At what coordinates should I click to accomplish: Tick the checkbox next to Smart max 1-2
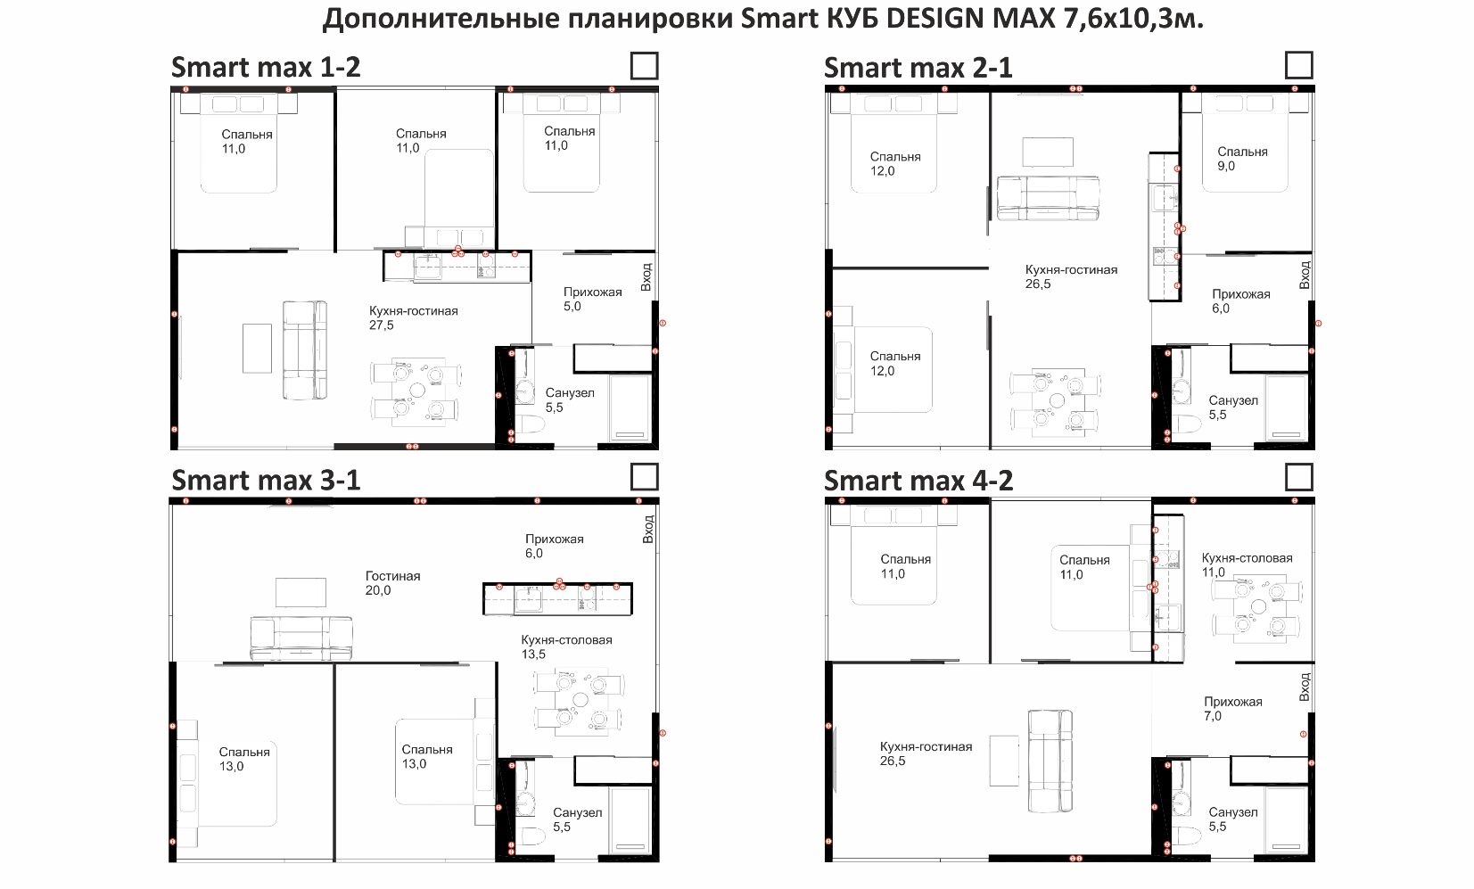pyautogui.click(x=644, y=66)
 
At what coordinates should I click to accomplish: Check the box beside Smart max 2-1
pyautogui.click(x=1299, y=65)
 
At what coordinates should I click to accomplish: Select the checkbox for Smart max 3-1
pyautogui.click(x=644, y=477)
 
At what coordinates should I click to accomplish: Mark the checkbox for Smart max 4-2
pyautogui.click(x=1299, y=477)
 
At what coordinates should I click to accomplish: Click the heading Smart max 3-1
pyautogui.click(x=266, y=481)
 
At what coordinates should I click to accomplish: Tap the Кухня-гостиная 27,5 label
pyautogui.click(x=413, y=317)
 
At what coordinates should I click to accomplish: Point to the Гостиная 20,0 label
pyautogui.click(x=392, y=583)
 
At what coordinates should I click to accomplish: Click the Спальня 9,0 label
pyautogui.click(x=1242, y=159)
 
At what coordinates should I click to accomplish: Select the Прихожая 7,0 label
pyautogui.click(x=1232, y=709)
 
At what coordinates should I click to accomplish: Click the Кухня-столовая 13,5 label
pyautogui.click(x=566, y=646)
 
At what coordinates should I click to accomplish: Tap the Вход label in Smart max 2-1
pyautogui.click(x=1305, y=275)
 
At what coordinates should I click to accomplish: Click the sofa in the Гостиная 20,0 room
pyautogui.click(x=301, y=638)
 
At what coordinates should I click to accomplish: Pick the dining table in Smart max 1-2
pyautogui.click(x=416, y=391)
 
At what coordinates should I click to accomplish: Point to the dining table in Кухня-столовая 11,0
pyautogui.click(x=1257, y=606)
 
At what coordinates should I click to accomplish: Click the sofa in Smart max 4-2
pyautogui.click(x=1050, y=761)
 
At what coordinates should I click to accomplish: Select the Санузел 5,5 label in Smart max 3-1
pyautogui.click(x=577, y=819)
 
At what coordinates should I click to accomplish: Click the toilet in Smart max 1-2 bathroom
pyautogui.click(x=531, y=424)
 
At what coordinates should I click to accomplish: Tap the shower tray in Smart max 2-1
pyautogui.click(x=1287, y=408)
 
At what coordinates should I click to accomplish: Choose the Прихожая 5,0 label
pyautogui.click(x=592, y=299)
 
